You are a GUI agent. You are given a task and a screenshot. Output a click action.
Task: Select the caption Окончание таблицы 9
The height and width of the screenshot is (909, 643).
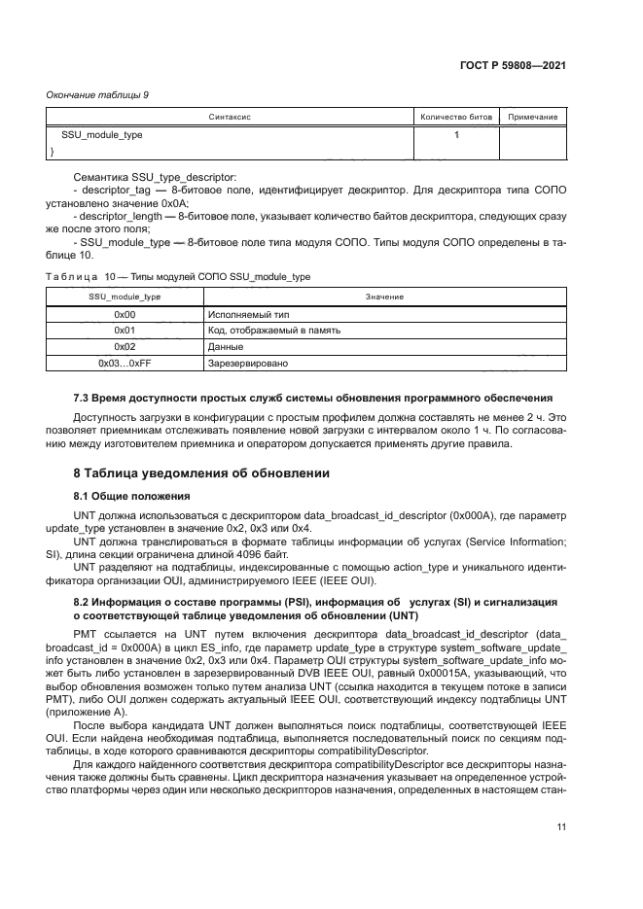pos(97,94)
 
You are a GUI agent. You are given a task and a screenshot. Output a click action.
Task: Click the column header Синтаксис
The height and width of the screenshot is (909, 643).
pos(230,117)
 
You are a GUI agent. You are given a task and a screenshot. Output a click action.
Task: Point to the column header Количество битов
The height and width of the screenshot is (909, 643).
pos(455,117)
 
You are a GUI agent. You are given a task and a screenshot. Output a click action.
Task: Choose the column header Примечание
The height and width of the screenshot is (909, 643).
pos(532,117)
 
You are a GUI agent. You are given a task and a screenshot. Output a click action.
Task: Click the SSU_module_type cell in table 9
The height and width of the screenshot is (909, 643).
pos(101,135)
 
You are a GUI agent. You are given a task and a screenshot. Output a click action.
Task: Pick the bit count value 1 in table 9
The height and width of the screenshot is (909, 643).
pos(455,135)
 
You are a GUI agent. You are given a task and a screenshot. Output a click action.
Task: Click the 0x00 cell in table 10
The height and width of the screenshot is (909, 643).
pos(125,315)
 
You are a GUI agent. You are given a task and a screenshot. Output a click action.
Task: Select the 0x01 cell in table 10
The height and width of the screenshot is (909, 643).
pos(125,331)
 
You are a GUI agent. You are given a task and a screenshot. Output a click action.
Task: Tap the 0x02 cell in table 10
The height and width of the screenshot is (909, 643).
pos(125,346)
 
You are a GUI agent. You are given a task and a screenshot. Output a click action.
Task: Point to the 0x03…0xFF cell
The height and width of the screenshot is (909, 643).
pos(125,363)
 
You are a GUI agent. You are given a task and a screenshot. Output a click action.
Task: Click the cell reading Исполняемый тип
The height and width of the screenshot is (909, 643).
pos(242,315)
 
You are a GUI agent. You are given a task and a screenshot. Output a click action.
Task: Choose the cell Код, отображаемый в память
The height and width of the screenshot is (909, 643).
pos(274,331)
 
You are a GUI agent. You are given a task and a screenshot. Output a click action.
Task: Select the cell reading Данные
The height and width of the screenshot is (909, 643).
pos(225,346)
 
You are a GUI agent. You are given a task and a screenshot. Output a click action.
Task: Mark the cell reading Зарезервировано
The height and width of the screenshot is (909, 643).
pos(248,363)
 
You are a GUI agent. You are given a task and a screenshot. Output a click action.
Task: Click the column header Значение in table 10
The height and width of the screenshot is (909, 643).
pos(384,296)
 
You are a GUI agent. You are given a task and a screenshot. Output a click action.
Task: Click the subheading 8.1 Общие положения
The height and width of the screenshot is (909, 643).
pos(131,495)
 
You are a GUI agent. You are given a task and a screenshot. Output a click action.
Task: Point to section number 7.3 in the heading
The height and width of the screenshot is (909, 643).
pos(83,399)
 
